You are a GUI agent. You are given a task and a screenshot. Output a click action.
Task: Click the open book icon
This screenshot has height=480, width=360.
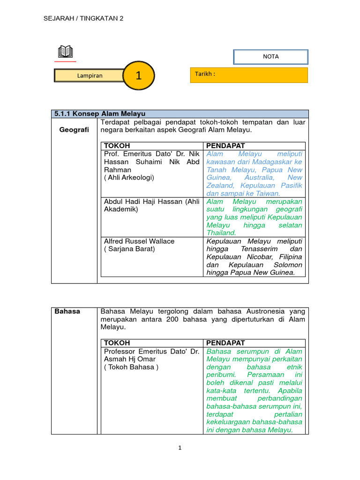65,52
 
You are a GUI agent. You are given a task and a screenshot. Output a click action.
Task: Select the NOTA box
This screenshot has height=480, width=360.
271,57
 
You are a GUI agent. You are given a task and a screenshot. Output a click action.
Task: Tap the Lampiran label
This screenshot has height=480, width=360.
90,75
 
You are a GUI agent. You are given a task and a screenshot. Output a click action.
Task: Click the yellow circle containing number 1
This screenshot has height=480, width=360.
138,75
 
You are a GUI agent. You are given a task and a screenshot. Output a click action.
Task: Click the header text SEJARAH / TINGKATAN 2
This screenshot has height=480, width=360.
83,18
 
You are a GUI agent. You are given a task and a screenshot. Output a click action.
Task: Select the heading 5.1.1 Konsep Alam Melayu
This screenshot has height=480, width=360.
100,114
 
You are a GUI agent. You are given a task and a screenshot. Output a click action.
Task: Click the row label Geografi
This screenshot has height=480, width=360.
74,130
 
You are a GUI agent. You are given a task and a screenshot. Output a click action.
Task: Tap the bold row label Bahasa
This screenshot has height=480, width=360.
67,311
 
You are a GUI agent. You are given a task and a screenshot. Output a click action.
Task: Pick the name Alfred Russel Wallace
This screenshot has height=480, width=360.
139,241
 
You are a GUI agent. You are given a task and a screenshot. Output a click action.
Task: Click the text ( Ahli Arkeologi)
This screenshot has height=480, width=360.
129,178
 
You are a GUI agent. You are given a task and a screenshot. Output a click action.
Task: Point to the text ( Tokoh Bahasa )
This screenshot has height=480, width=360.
131,367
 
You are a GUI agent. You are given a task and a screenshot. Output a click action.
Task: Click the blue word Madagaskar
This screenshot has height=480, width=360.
268,162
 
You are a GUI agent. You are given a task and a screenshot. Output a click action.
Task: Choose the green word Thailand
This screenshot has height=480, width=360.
221,233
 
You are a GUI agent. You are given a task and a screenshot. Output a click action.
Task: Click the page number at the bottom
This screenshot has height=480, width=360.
180,448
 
